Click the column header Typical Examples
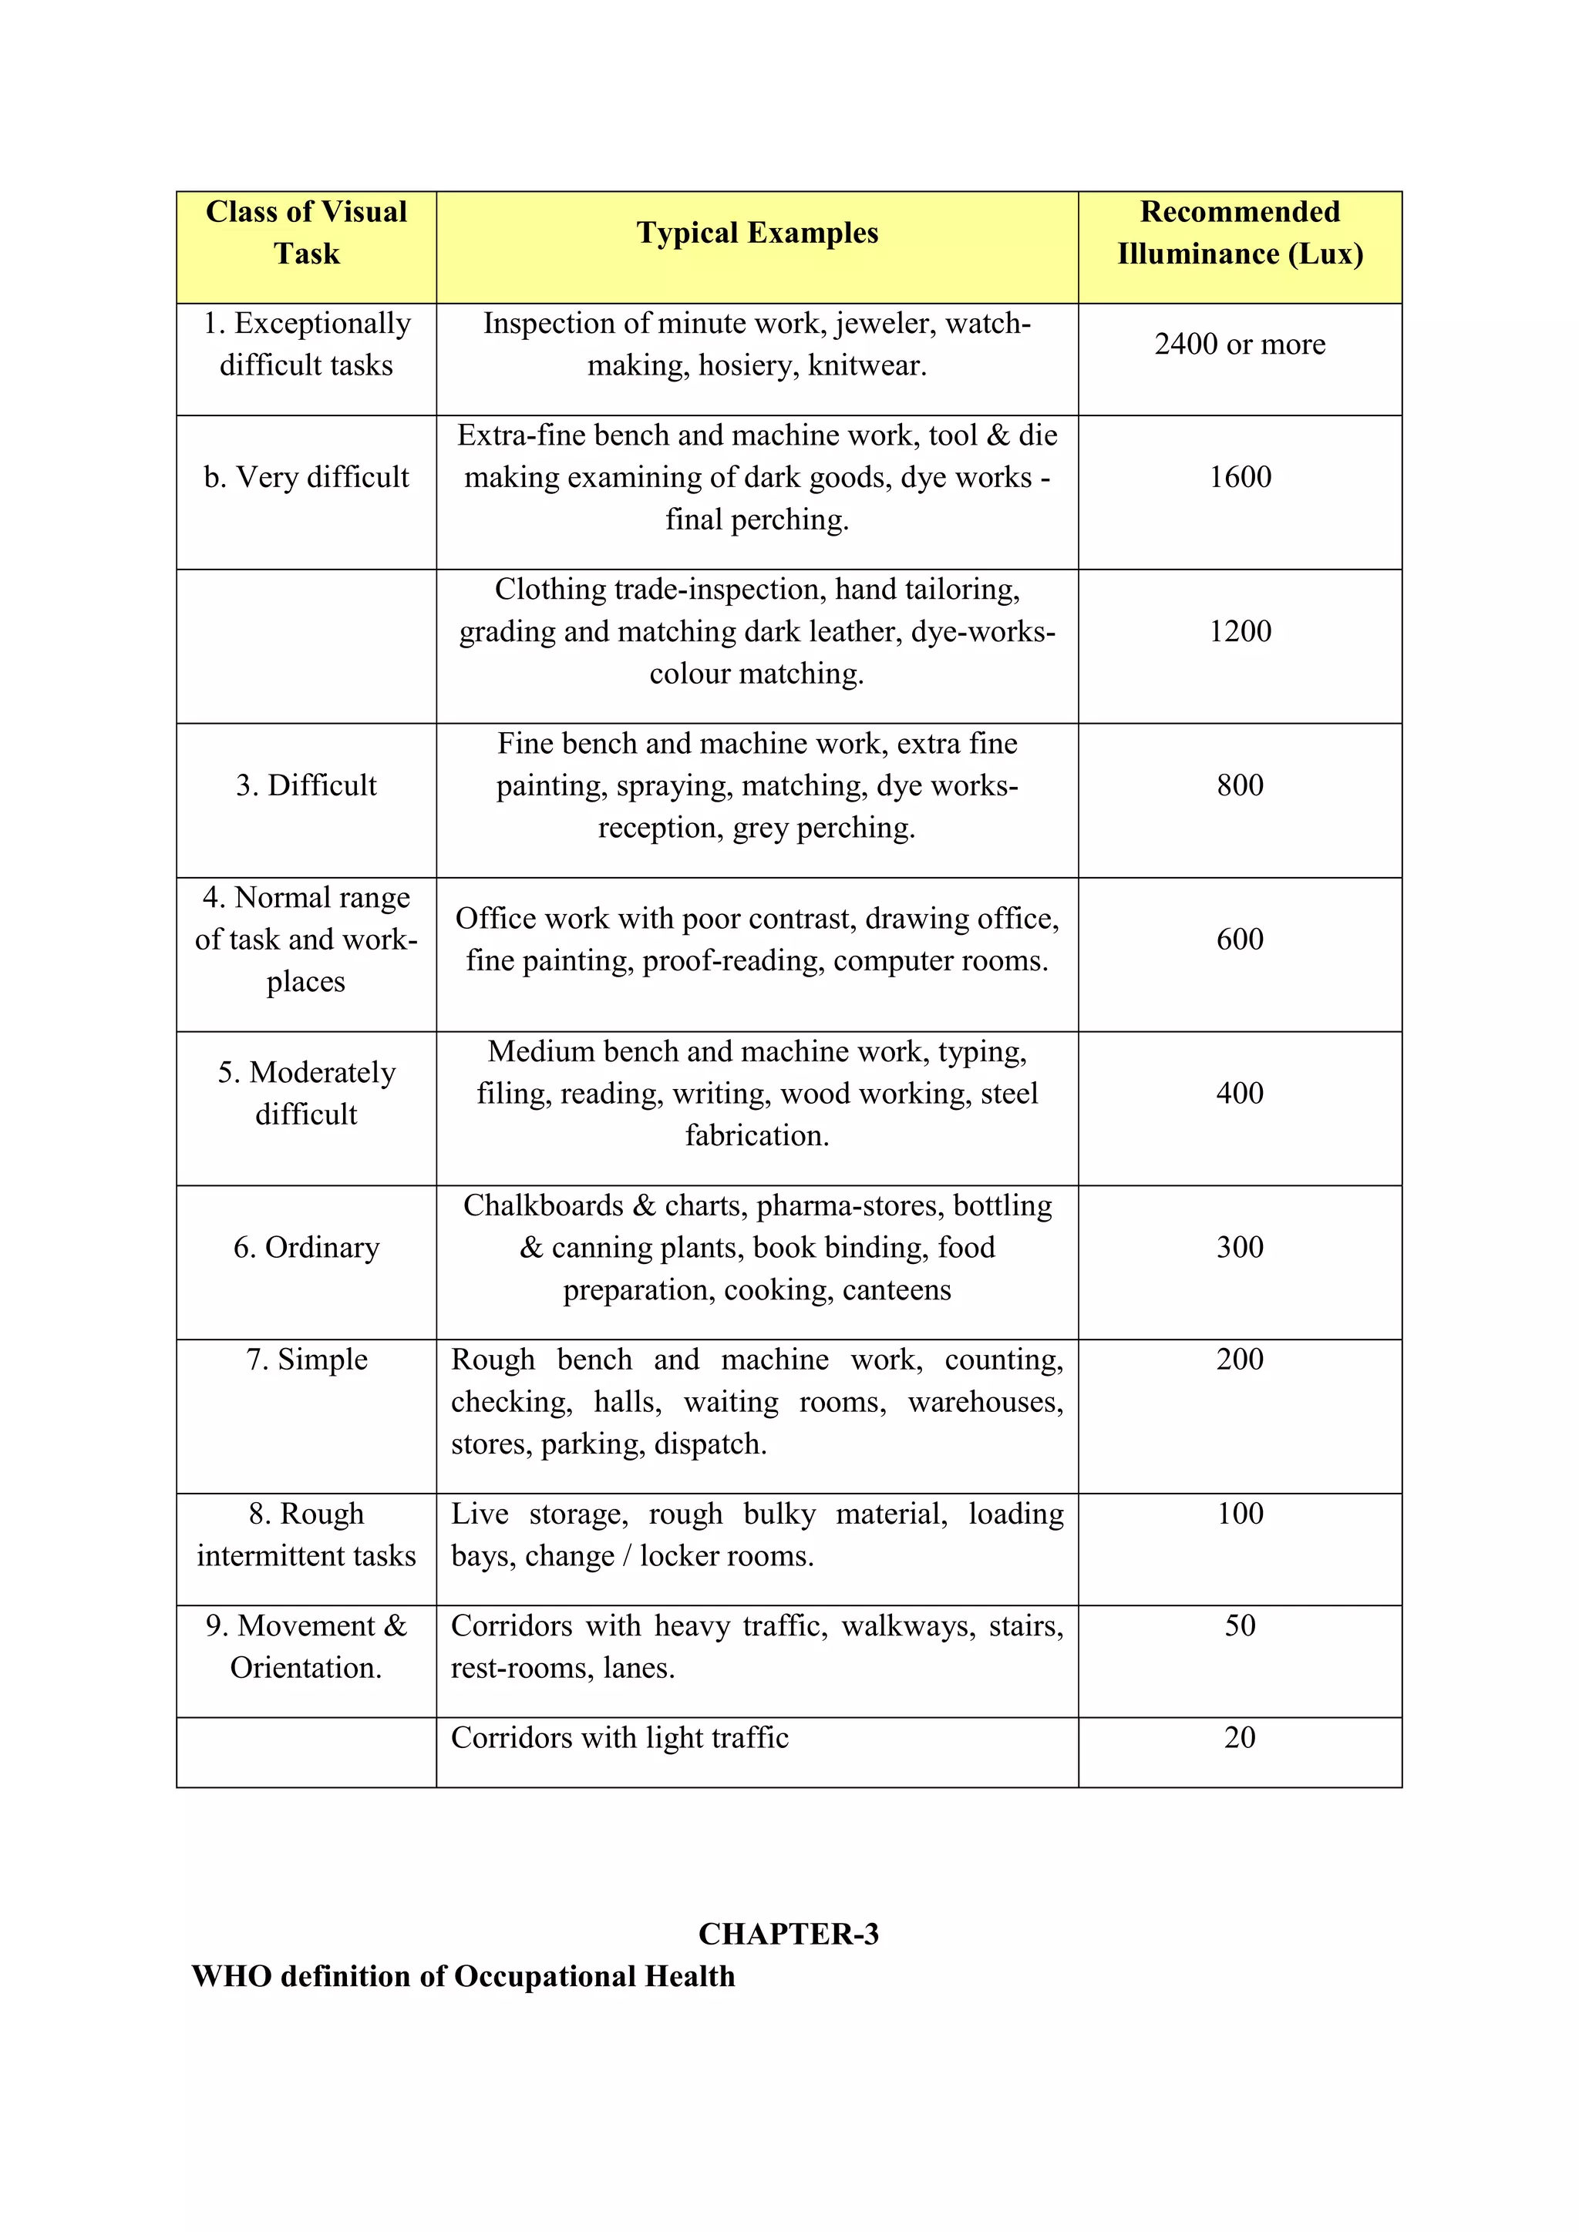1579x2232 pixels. pos(756,234)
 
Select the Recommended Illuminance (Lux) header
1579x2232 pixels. pos(1240,234)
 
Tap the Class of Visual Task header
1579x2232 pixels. pos(306,234)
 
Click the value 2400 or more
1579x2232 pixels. pos(1240,345)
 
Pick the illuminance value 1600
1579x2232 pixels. pos(1240,477)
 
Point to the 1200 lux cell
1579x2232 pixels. pos(1240,632)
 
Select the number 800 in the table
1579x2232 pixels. pos(1240,785)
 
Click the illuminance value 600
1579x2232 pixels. pos(1240,939)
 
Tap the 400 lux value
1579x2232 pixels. pos(1240,1094)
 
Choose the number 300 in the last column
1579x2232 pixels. pos(1240,1247)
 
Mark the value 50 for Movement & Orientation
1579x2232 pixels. pos(1240,1625)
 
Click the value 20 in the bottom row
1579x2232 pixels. pos(1240,1737)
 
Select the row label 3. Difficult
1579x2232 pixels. pos(306,785)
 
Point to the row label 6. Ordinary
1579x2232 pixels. pos(306,1247)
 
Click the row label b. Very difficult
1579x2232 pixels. pos(306,477)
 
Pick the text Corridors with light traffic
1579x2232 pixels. pos(619,1738)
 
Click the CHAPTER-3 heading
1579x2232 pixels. pos(789,1935)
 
